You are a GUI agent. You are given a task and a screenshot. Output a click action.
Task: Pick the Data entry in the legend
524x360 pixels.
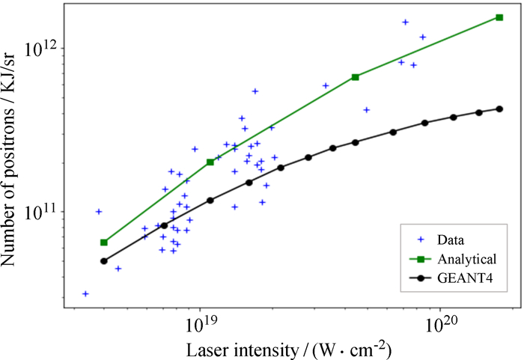click(x=451, y=240)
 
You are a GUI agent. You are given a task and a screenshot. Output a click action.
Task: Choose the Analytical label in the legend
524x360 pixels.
click(x=467, y=259)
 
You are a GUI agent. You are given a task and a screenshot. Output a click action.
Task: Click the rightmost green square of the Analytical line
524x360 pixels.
click(x=499, y=17)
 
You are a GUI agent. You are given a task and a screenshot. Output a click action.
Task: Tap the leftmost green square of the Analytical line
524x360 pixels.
click(x=104, y=242)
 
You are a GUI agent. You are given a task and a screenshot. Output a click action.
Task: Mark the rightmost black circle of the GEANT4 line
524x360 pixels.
click(x=499, y=109)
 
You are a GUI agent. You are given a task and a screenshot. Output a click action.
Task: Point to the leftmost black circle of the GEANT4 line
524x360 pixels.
click(x=104, y=261)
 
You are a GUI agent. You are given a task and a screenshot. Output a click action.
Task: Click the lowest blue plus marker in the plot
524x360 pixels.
click(x=85, y=294)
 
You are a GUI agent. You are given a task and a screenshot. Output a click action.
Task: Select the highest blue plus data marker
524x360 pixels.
click(x=406, y=22)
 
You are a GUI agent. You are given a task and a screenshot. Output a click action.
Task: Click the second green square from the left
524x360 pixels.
click(x=210, y=162)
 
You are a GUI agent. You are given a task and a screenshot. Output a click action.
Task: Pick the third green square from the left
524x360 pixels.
click(x=356, y=77)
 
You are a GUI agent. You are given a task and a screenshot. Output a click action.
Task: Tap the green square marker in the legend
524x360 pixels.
click(x=421, y=259)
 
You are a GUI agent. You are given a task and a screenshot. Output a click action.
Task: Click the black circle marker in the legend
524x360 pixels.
click(x=421, y=278)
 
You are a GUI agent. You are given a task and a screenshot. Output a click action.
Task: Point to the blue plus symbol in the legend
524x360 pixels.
click(x=421, y=240)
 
